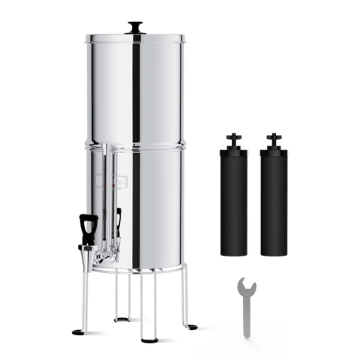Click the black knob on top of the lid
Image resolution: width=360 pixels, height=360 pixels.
point(136,26)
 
